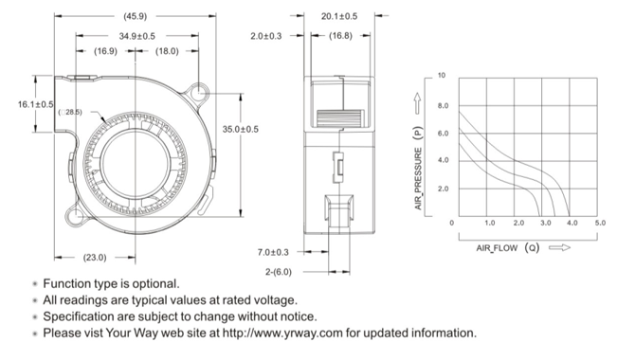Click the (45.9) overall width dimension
tap(136, 16)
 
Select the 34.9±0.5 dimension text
tap(136, 36)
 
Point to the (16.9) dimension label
tap(106, 51)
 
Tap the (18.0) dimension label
tap(167, 51)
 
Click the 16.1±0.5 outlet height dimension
tap(35, 104)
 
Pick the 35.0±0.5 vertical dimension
tap(240, 129)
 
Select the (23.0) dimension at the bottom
tap(95, 258)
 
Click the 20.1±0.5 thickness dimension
tap(339, 16)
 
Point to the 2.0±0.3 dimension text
tap(265, 36)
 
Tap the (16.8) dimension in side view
tap(340, 36)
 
